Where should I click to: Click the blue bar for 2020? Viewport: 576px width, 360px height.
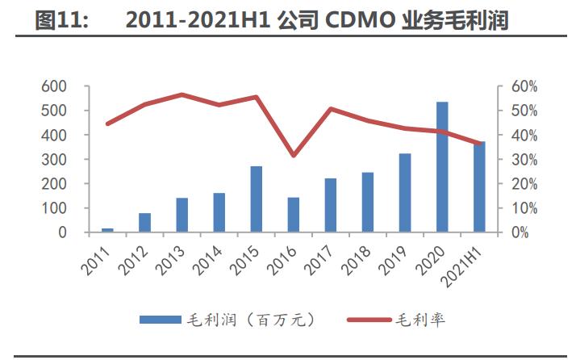[441, 167]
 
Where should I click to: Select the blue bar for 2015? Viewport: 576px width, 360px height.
[256, 199]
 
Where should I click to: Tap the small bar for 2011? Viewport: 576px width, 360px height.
[108, 230]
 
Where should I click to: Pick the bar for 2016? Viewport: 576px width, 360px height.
[293, 215]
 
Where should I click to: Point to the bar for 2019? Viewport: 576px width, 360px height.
[404, 193]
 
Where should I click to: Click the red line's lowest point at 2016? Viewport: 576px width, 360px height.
[294, 155]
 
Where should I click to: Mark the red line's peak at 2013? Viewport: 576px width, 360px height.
[182, 94]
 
